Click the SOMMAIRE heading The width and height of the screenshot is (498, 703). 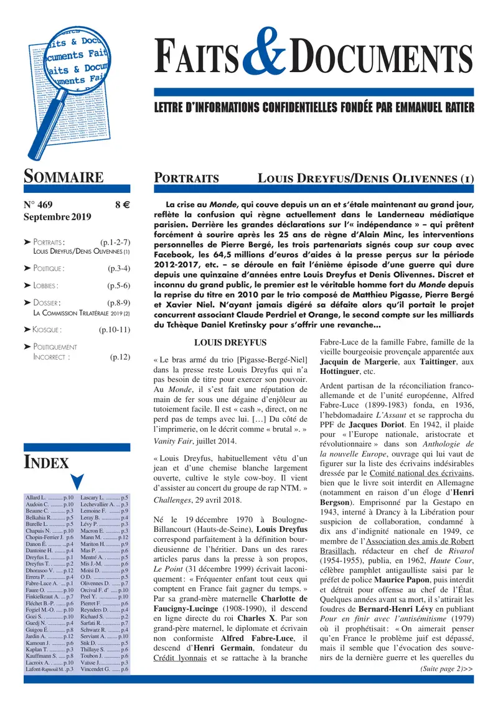[63, 177]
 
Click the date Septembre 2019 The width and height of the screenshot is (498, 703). [57, 217]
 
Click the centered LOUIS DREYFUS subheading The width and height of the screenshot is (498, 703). [230, 343]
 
